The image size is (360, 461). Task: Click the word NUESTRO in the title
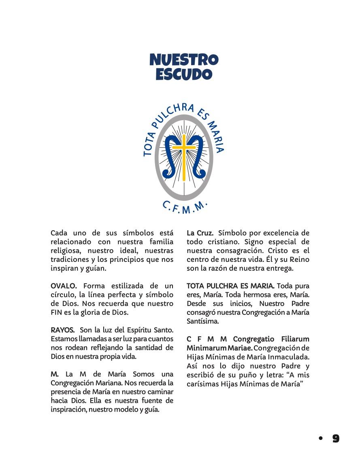coord(184,60)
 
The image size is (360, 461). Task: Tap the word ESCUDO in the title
coord(184,74)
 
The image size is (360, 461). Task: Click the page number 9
coord(336,438)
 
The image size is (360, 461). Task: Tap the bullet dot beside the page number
coord(321,438)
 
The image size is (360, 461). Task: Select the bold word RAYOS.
coord(62,330)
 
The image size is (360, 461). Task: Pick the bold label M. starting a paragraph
coord(55,374)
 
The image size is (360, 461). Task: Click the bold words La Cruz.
coord(200,233)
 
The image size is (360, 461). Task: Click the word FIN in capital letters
coord(57,312)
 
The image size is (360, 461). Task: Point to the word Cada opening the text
coord(59,233)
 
